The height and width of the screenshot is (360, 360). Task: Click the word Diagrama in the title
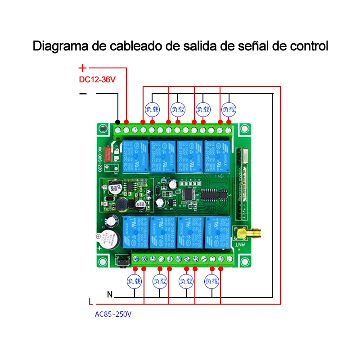pos(58,46)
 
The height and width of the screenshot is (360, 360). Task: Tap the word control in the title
pos(308,46)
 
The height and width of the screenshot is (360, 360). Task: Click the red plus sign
pos(82,68)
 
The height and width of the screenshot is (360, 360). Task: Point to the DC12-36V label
pos(97,80)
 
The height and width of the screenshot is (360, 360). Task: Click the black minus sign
pos(83,94)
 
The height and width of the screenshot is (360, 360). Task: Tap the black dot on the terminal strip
pos(117,122)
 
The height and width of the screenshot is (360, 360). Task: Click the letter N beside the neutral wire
pos(110,295)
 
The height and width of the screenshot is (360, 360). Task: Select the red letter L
pos(90,302)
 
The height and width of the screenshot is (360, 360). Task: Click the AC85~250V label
pos(113,314)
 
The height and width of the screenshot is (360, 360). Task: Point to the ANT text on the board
pos(241,245)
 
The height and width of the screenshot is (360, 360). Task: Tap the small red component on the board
pos(108,154)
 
